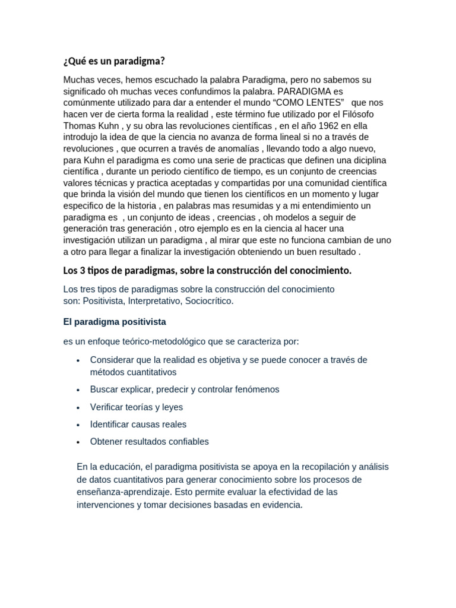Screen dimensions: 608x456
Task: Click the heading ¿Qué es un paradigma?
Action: [113, 61]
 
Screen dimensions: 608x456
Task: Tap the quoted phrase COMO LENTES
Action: [308, 103]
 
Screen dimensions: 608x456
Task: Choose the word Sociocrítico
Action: [209, 301]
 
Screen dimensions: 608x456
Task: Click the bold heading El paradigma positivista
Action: [115, 322]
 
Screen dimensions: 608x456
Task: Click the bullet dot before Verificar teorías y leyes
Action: [78, 408]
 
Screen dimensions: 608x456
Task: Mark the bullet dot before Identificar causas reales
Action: [78, 425]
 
